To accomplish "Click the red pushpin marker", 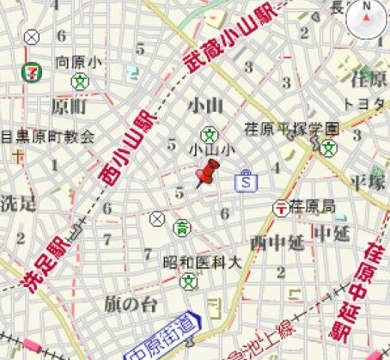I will click(205, 177).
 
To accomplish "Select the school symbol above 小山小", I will click(209, 134).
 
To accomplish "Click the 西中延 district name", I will click(277, 241).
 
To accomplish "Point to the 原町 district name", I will click(69, 107).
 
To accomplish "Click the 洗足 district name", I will click(18, 204).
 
